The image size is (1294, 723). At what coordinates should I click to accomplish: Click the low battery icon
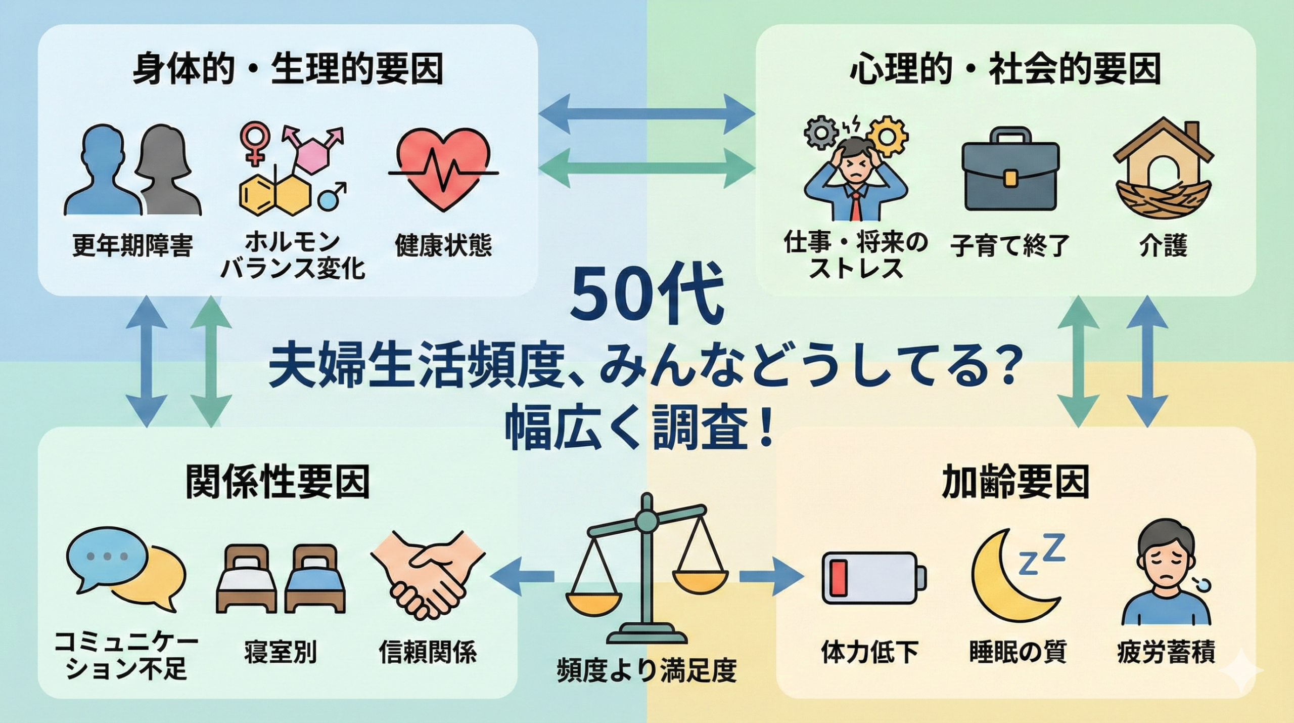[x=873, y=578]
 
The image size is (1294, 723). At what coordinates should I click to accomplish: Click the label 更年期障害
[x=132, y=246]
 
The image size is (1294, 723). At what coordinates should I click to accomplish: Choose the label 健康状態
[x=443, y=246]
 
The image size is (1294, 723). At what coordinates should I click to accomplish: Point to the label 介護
[x=1163, y=246]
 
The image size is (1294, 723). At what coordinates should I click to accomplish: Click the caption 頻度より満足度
[x=646, y=671]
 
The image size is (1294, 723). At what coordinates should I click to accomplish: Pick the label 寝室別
[x=280, y=652]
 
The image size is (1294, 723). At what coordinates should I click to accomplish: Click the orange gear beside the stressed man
[x=887, y=137]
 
